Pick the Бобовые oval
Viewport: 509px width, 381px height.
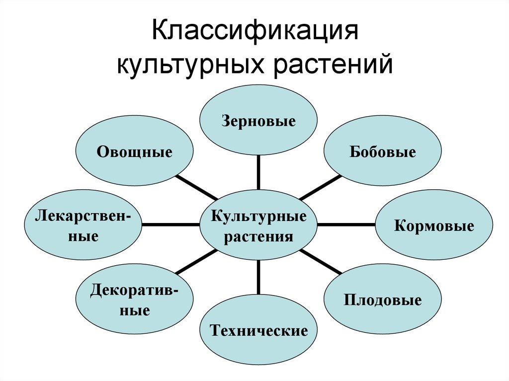click(382, 152)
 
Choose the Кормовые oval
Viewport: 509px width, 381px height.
click(433, 227)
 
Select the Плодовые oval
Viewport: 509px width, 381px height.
click(382, 300)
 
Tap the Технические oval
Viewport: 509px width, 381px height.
click(258, 331)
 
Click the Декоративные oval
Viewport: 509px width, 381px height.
click(134, 300)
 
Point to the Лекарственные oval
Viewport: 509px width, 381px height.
click(84, 226)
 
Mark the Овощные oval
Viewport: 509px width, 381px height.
click(134, 152)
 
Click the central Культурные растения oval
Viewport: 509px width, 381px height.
click(258, 225)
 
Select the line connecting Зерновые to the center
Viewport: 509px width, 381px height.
click(258, 171)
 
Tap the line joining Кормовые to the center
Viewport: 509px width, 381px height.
click(346, 225)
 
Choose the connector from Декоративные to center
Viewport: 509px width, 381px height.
click(196, 262)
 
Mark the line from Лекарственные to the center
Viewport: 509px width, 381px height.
click(170, 225)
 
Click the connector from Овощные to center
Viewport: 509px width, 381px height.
click(196, 187)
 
